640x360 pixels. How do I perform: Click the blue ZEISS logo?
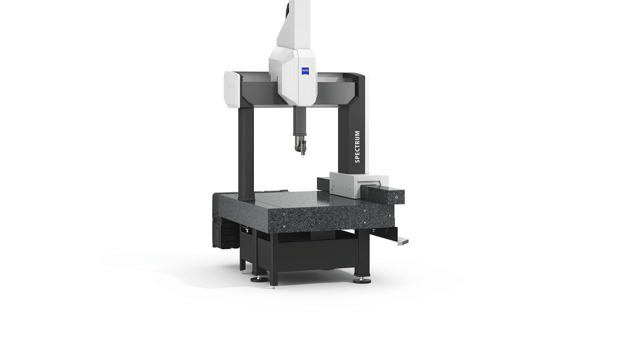305,71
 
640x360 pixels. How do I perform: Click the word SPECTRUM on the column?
358,147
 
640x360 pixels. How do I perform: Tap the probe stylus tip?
303,157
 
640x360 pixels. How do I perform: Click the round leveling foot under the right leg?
362,280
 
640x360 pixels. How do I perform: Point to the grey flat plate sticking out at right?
403,241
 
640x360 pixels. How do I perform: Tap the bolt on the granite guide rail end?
396,197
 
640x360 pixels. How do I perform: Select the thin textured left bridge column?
246,150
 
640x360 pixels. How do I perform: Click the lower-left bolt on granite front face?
284,227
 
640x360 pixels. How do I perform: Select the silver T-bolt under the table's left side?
247,230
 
